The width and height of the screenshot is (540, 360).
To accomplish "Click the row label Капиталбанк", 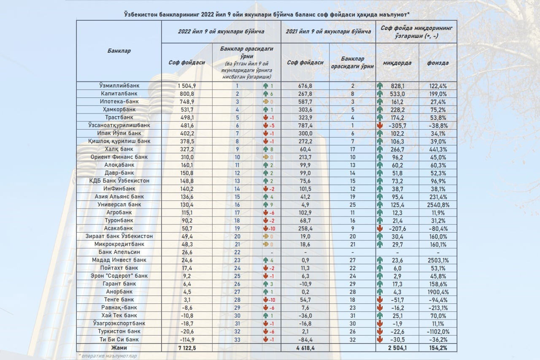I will (119, 93).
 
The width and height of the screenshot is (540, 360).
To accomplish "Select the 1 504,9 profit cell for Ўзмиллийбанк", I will (187, 85).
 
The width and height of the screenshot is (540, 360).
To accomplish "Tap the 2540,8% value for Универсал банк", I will (437, 205).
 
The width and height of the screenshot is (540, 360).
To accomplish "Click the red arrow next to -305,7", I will (380, 125).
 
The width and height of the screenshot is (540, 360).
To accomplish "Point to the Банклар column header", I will (119, 51).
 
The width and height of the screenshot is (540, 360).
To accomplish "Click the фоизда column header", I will (437, 63).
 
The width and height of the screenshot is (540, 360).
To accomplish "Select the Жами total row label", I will (119, 348).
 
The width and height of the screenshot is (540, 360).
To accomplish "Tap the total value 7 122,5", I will (187, 348).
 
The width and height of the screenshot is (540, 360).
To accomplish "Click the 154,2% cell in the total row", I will (437, 348).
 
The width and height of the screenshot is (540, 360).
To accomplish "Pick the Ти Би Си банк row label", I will (119, 339).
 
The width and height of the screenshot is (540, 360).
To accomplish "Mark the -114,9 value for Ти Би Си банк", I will (187, 339).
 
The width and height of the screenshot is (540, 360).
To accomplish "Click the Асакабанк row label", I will (119, 228).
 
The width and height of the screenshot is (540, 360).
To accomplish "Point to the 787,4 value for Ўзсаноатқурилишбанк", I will (304, 125).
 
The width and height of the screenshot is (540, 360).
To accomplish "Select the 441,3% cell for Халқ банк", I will (437, 149).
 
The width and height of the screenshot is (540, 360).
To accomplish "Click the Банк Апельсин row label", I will (119, 252).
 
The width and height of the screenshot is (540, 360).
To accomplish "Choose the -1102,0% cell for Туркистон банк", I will (437, 331).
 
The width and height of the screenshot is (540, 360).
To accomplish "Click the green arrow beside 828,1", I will (380, 86).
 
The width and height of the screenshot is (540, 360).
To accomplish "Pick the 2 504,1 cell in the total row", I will (397, 348).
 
